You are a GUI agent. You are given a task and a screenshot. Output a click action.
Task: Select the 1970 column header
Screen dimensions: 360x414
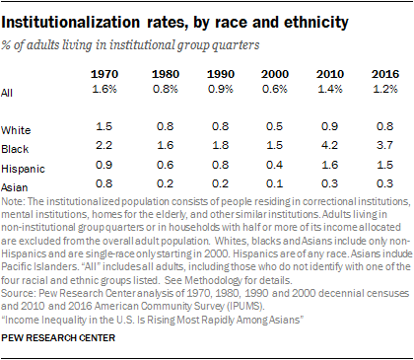[104, 73]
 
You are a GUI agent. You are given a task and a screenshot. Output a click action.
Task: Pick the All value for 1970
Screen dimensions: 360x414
[104, 88]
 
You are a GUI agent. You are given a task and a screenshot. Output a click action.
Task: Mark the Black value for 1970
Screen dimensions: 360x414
[104, 145]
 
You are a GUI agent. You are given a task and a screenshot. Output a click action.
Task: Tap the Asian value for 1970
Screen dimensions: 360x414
[104, 182]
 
